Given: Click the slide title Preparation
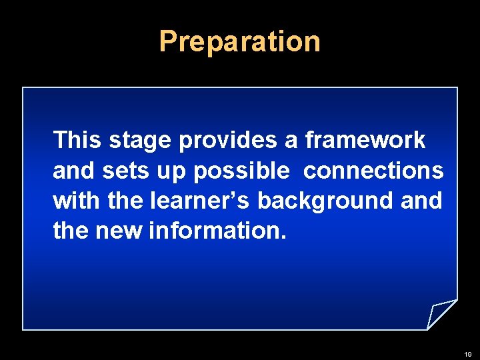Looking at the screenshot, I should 240,41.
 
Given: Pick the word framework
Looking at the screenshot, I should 365,140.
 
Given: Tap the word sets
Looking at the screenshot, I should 119,171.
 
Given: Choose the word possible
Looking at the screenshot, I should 242,171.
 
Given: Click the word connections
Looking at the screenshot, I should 373,171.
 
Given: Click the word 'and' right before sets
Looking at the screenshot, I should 75,171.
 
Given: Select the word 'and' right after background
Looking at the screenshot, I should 421,200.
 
